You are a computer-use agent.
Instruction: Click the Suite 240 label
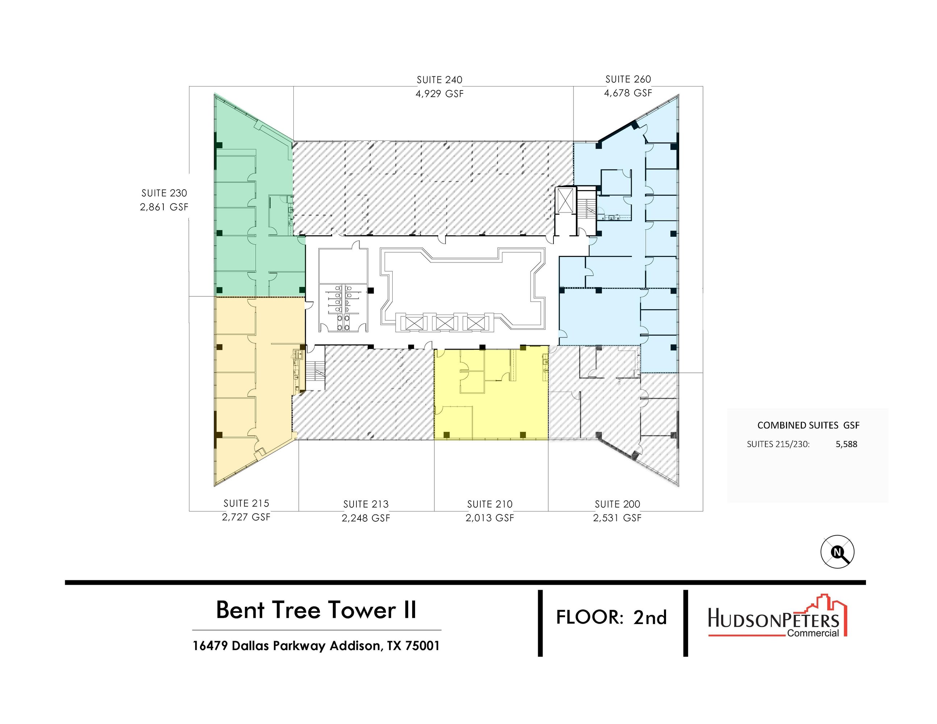[439, 80]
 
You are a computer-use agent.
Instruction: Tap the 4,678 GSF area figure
[628, 93]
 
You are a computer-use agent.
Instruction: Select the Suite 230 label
[164, 193]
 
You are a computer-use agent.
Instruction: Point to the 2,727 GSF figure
[246, 517]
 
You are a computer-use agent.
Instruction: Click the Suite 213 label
[366, 504]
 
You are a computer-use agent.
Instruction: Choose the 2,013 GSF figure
[490, 518]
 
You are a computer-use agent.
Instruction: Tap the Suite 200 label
[618, 504]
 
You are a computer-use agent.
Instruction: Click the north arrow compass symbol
[837, 552]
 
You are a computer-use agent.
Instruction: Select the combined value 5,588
[846, 444]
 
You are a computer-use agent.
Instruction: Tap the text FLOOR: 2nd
[611, 617]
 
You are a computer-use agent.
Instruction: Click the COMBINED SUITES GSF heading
[808, 425]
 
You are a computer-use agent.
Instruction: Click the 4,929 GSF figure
[439, 93]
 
